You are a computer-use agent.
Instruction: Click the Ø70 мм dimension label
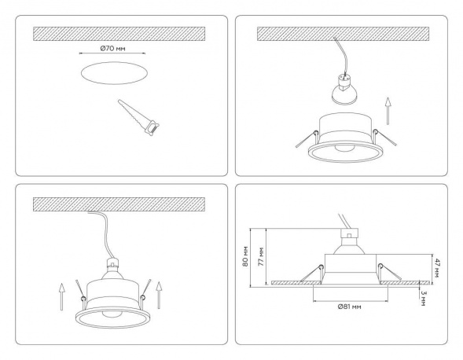click(114, 49)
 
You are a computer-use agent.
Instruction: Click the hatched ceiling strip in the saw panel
click(118, 34)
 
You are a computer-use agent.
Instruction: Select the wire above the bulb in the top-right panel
click(338, 60)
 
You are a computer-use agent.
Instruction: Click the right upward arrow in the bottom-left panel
click(160, 294)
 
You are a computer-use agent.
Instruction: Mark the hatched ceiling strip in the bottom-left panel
click(118, 203)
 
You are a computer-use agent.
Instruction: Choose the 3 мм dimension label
click(424, 299)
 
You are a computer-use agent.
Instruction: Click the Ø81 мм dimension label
click(348, 306)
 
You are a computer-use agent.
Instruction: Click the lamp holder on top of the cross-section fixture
click(347, 235)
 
